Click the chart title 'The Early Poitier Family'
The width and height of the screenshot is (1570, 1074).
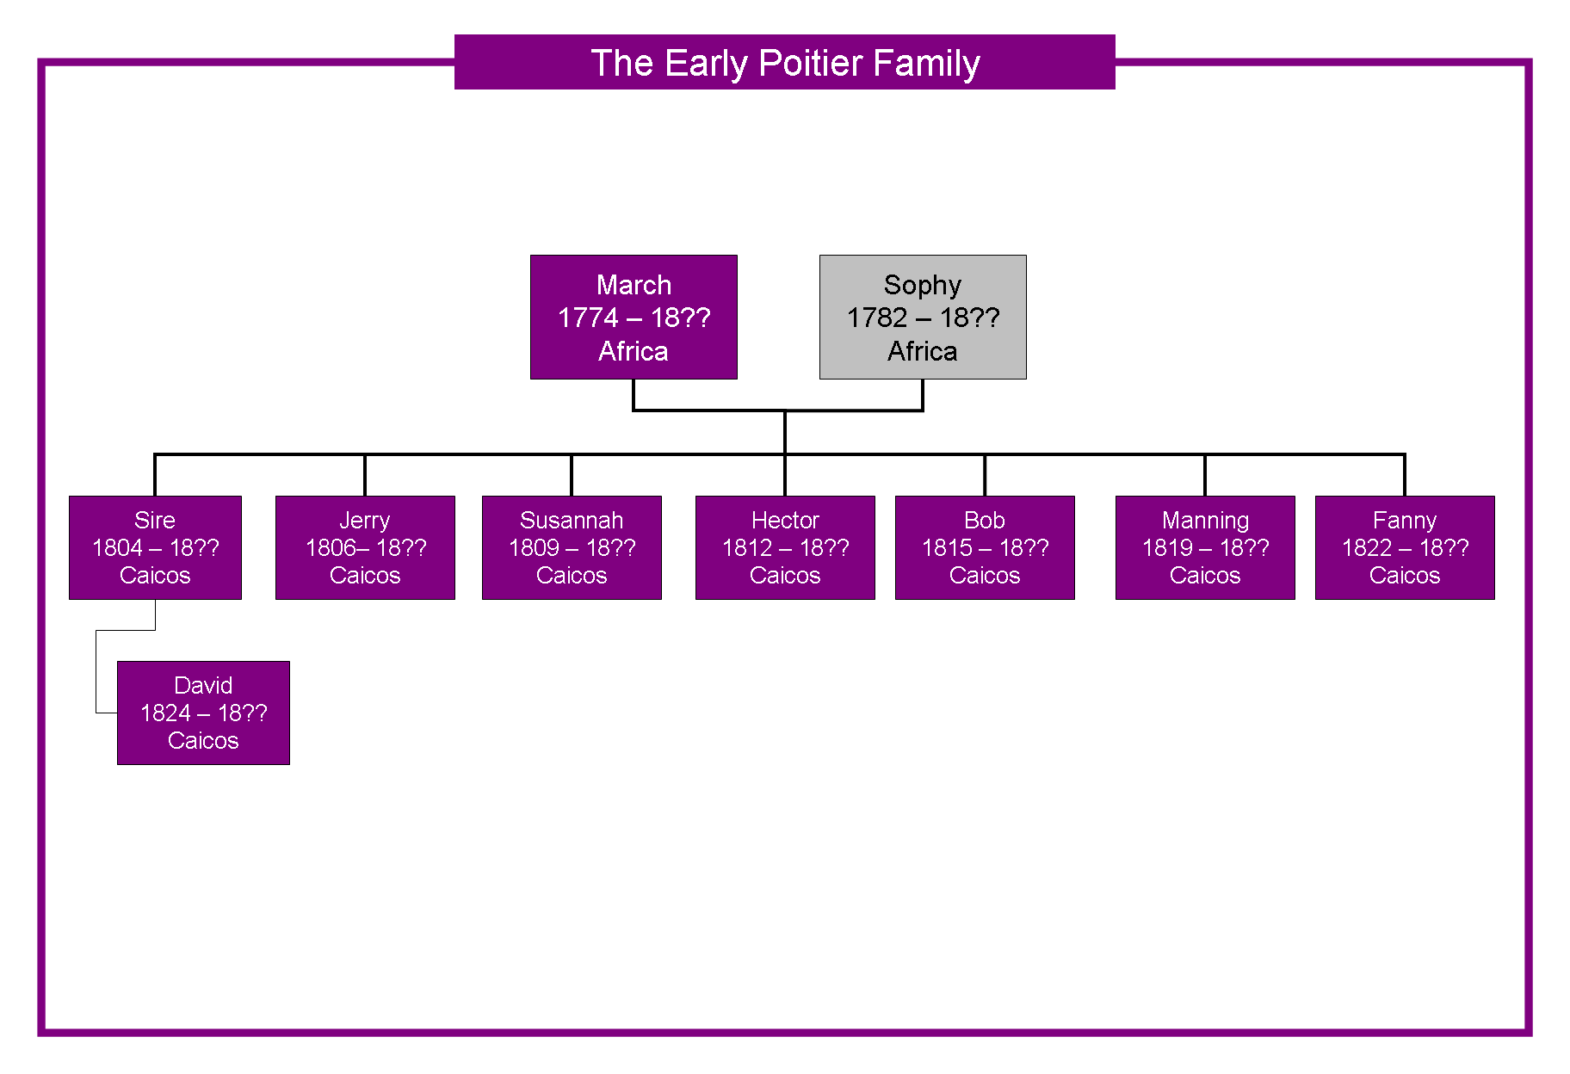785,63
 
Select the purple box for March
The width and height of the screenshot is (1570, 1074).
634,317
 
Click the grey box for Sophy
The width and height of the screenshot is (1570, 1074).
923,317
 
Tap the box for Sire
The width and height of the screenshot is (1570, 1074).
155,547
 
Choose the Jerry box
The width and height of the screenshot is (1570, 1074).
365,547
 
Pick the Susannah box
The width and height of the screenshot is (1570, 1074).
572,547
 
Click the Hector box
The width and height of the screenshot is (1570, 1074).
785,547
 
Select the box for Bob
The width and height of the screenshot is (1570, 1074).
985,547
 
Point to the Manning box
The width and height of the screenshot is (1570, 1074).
1205,547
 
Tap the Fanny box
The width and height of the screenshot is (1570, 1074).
1405,547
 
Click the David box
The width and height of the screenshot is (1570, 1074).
203,713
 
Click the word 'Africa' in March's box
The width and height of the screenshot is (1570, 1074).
634,351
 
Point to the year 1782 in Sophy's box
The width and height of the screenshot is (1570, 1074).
877,318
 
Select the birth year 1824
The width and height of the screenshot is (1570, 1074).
165,713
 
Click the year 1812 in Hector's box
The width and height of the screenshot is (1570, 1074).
747,548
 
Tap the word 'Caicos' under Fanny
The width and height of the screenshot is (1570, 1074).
1405,575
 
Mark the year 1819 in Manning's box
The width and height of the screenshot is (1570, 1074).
1167,548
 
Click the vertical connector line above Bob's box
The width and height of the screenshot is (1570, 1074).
985,475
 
